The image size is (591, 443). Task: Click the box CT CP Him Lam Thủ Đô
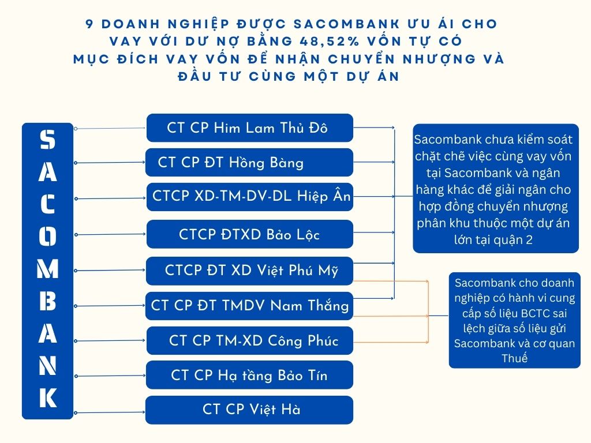pos(249,127)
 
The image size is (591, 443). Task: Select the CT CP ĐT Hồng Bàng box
pos(249,162)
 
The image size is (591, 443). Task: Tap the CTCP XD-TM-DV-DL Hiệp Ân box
pos(249,197)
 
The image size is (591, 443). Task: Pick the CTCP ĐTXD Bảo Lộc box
pos(249,234)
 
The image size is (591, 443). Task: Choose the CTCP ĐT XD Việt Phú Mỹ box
pos(249,271)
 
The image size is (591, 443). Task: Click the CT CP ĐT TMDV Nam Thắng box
pos(249,306)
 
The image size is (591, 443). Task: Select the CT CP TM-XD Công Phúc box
pos(249,340)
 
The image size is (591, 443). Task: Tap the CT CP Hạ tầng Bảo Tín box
pos(249,376)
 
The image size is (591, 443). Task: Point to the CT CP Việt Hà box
pos(249,410)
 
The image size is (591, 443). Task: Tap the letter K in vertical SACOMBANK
pos(48,398)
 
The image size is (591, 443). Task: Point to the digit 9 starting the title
pos(89,24)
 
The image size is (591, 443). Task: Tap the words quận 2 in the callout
pos(513,240)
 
